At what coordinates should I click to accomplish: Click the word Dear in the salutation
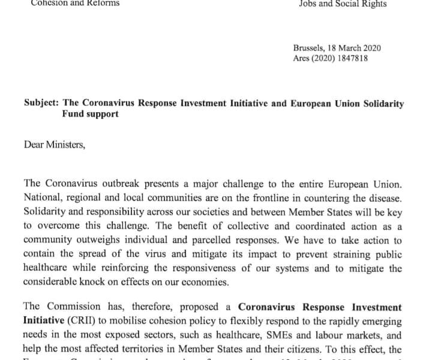pos(34,144)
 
